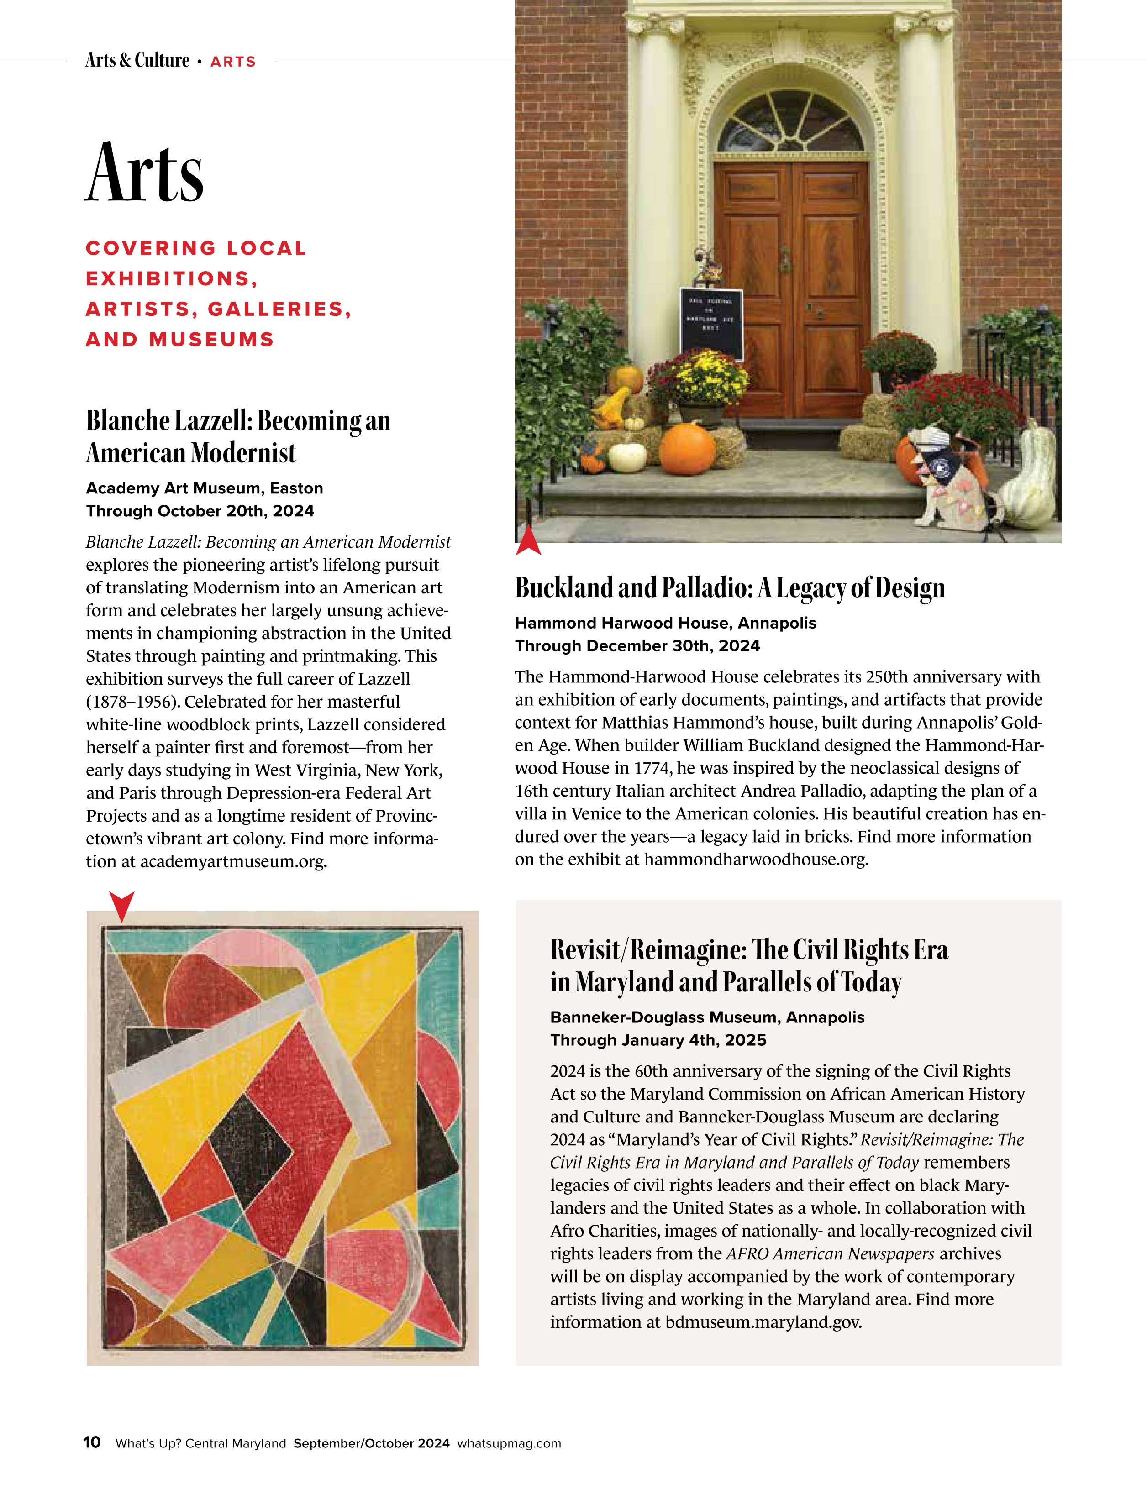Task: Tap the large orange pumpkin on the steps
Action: (687, 449)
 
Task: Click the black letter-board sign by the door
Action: (710, 323)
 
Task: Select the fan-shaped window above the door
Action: (790, 125)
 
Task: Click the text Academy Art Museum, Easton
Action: (205, 488)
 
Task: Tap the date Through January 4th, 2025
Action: (658, 1040)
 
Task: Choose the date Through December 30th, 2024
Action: (637, 645)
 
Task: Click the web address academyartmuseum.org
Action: (233, 862)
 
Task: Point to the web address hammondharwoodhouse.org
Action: (756, 860)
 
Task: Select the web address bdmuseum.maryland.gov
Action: (763, 1323)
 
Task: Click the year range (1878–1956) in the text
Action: (133, 702)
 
